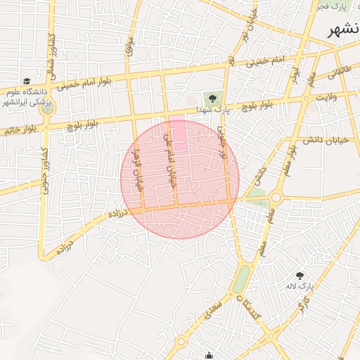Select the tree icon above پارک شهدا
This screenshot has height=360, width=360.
[212, 97]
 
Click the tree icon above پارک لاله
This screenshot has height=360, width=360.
[300, 276]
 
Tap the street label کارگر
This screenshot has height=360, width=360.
[303, 305]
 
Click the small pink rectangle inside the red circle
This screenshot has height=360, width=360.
[179, 133]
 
